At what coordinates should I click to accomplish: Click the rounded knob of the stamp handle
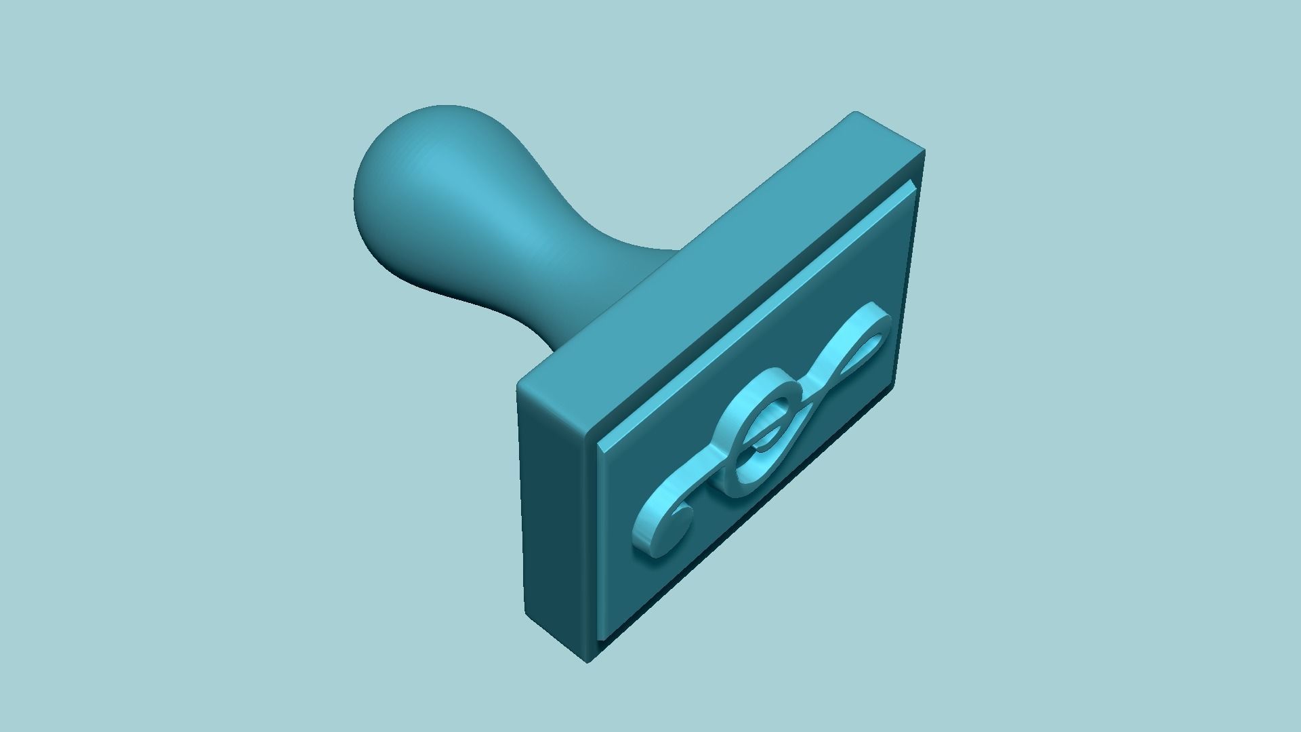[434, 197]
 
